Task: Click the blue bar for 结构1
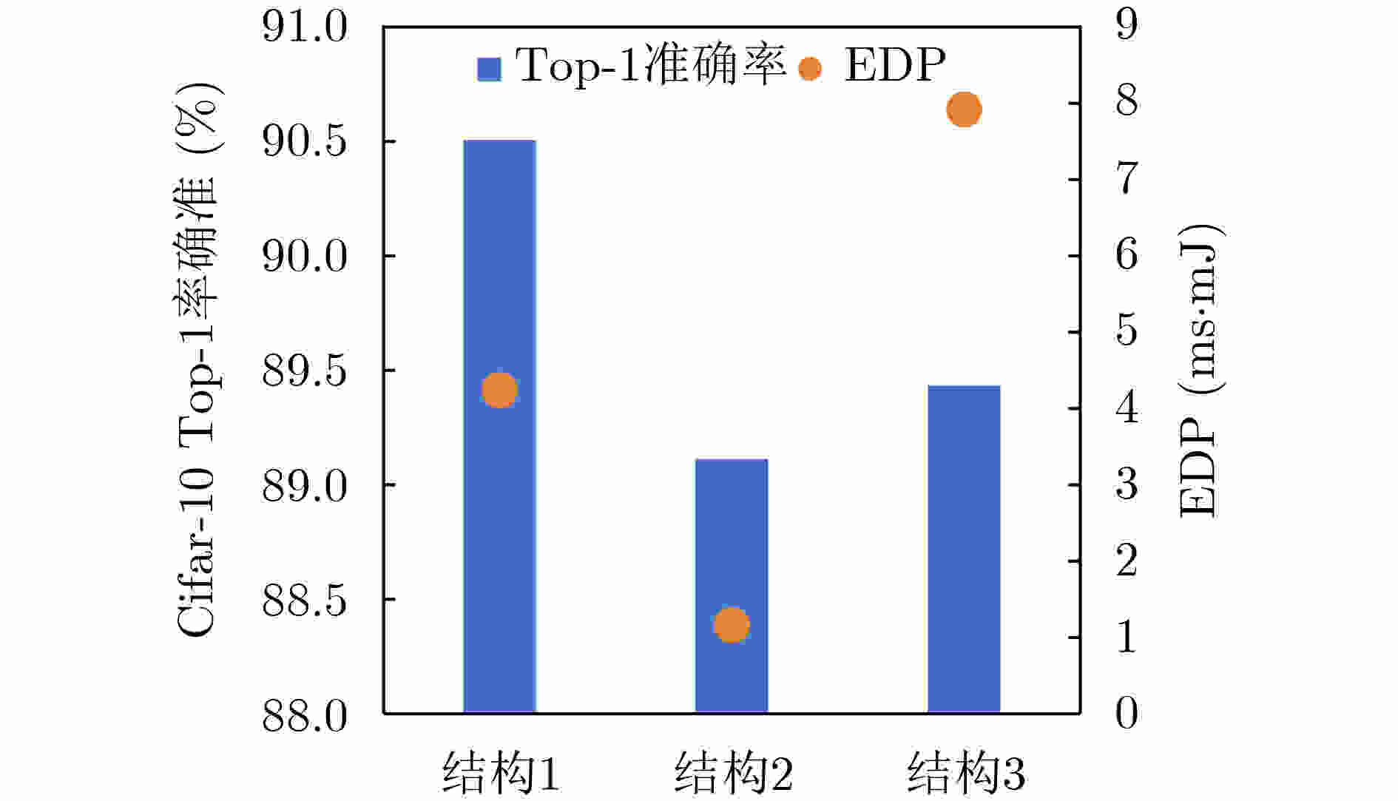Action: point(499,518)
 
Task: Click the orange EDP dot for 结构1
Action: point(499,389)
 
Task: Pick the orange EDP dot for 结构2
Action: point(732,624)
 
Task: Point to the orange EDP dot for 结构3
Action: point(964,109)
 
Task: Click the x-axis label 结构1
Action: point(501,774)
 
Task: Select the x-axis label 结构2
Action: point(733,774)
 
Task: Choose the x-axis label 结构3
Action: point(966,774)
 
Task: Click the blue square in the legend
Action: point(489,69)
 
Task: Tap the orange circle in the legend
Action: point(810,69)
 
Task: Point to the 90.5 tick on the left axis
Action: point(305,141)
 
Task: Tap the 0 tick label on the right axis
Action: point(1127,714)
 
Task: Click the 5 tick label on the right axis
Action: point(1127,331)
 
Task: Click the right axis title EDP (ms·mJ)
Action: point(1198,370)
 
